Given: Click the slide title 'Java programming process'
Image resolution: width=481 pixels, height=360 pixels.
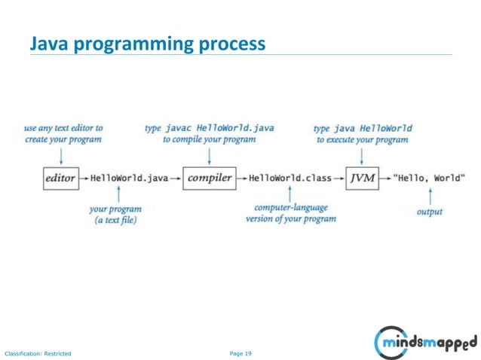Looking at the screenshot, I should click(x=147, y=44).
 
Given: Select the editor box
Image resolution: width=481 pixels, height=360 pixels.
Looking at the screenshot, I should click(x=61, y=178).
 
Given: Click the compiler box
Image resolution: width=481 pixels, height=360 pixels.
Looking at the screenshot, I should click(x=209, y=178).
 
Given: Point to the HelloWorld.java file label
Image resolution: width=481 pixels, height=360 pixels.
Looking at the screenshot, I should click(x=129, y=178).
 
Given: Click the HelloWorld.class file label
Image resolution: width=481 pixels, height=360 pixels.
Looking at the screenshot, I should click(x=290, y=178).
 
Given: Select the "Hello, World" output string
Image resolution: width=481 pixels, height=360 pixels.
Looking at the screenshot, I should click(x=429, y=178).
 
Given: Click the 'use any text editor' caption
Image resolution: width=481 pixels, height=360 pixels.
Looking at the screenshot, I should click(x=63, y=134).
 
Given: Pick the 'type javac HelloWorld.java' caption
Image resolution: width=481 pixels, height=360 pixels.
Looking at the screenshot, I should click(x=209, y=134).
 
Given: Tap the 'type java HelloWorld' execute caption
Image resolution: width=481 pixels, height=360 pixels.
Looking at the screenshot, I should click(x=363, y=134).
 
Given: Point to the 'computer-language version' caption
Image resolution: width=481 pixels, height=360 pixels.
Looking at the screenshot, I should click(x=290, y=213).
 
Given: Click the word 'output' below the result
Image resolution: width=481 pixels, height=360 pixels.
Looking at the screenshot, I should click(x=430, y=212).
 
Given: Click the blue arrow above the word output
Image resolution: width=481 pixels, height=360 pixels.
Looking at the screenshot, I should click(x=430, y=196).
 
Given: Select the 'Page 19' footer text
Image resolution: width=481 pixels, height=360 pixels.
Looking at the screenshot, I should click(x=240, y=352).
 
